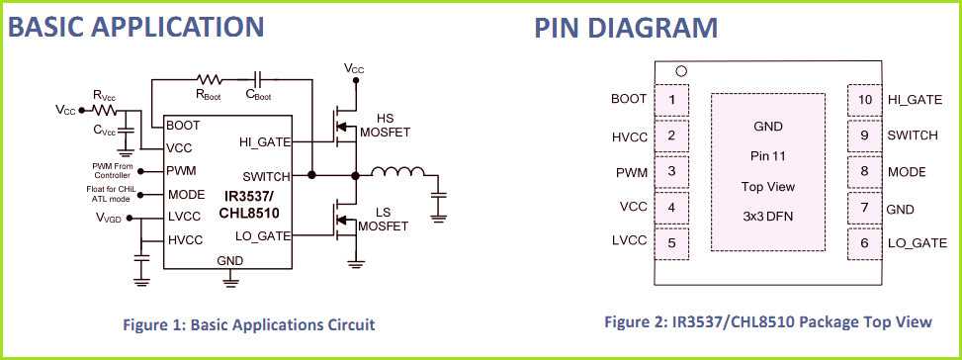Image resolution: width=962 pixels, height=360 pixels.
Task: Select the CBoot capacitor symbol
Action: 258,77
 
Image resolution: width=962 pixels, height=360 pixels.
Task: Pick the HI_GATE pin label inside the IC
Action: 264,142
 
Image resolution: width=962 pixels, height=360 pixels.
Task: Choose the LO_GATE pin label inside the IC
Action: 264,234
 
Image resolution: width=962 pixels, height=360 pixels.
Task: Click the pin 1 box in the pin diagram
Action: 672,99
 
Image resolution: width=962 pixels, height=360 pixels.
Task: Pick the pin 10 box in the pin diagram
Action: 864,99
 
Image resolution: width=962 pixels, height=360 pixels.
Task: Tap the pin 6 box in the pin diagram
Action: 864,243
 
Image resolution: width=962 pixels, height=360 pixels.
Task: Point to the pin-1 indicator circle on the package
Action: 680,71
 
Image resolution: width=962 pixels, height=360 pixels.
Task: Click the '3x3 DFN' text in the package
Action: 768,216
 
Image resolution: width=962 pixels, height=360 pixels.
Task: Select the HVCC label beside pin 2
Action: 629,136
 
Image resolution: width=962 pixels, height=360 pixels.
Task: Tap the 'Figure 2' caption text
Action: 768,321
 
